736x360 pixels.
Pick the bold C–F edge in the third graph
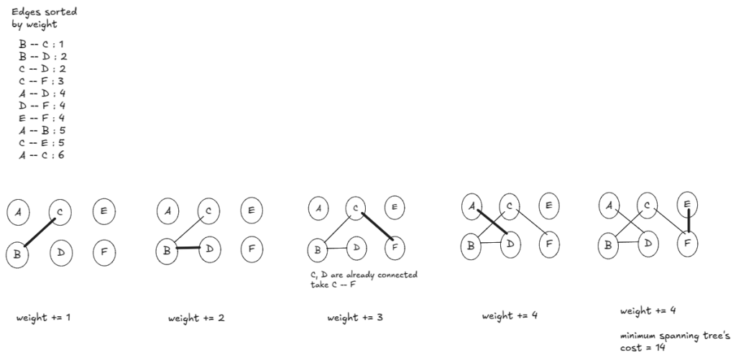377,226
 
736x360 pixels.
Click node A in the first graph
18,212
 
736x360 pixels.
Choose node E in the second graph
251,211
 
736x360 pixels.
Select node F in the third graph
394,249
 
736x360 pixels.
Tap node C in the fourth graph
508,207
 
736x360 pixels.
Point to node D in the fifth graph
648,244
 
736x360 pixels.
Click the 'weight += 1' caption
43,317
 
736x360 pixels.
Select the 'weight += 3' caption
355,317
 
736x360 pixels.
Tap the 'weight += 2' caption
196,318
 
